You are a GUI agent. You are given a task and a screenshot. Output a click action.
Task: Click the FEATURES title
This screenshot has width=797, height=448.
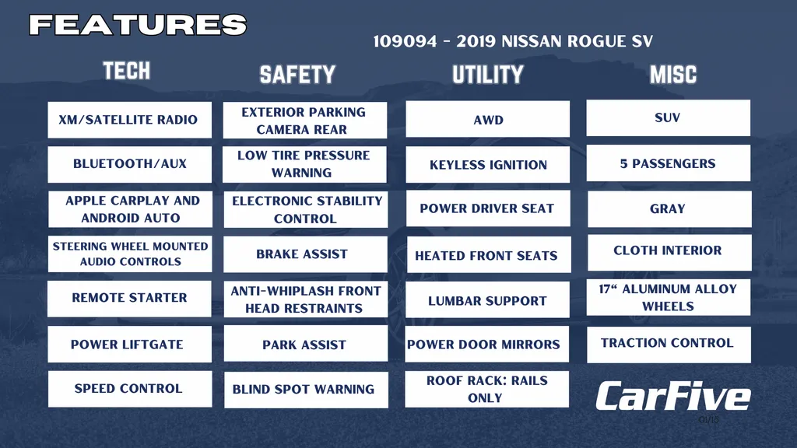[x=138, y=25]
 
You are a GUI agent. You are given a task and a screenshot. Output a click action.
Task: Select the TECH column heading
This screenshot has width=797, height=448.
[x=127, y=71]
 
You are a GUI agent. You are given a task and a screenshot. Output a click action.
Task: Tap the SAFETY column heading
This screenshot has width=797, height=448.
[x=297, y=75]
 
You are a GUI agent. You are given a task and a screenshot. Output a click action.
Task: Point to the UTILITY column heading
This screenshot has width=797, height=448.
[x=488, y=75]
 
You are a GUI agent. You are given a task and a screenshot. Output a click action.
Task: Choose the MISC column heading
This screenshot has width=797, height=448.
[x=673, y=75]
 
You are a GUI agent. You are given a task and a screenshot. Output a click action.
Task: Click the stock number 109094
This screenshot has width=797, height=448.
[x=405, y=41]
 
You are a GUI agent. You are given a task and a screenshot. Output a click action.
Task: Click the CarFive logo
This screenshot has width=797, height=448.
[x=673, y=396]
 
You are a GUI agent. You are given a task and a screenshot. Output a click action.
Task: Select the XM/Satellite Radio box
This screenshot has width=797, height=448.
[x=130, y=120]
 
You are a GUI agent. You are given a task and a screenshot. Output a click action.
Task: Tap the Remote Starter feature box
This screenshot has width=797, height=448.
[x=130, y=299]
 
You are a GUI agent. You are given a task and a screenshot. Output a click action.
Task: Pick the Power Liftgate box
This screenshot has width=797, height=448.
[x=130, y=344]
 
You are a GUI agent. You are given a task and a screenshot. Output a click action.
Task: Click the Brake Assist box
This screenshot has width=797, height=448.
[x=305, y=254]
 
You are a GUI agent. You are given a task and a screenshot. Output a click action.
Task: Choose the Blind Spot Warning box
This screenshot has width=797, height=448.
[x=306, y=390]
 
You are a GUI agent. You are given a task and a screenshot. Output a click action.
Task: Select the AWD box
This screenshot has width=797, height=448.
[x=487, y=119]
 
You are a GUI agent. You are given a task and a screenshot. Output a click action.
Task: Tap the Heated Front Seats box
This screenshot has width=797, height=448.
[x=489, y=254]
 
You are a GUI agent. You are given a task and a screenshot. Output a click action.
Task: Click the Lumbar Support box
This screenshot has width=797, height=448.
[x=488, y=299]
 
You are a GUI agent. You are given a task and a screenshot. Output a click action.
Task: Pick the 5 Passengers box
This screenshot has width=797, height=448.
[x=669, y=163]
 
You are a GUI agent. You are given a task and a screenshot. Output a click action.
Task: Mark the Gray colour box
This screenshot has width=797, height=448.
[x=669, y=208]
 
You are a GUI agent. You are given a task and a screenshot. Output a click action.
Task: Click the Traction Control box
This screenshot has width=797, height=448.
[x=669, y=345]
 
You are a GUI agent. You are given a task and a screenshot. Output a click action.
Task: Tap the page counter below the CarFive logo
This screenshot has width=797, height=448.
[x=708, y=420]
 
